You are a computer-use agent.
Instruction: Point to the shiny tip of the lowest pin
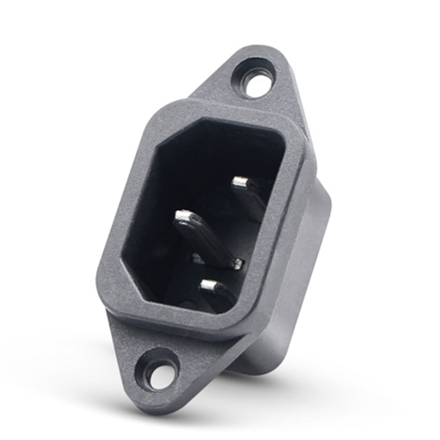(x=210, y=285)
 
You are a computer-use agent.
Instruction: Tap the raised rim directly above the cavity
(x=231, y=113)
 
